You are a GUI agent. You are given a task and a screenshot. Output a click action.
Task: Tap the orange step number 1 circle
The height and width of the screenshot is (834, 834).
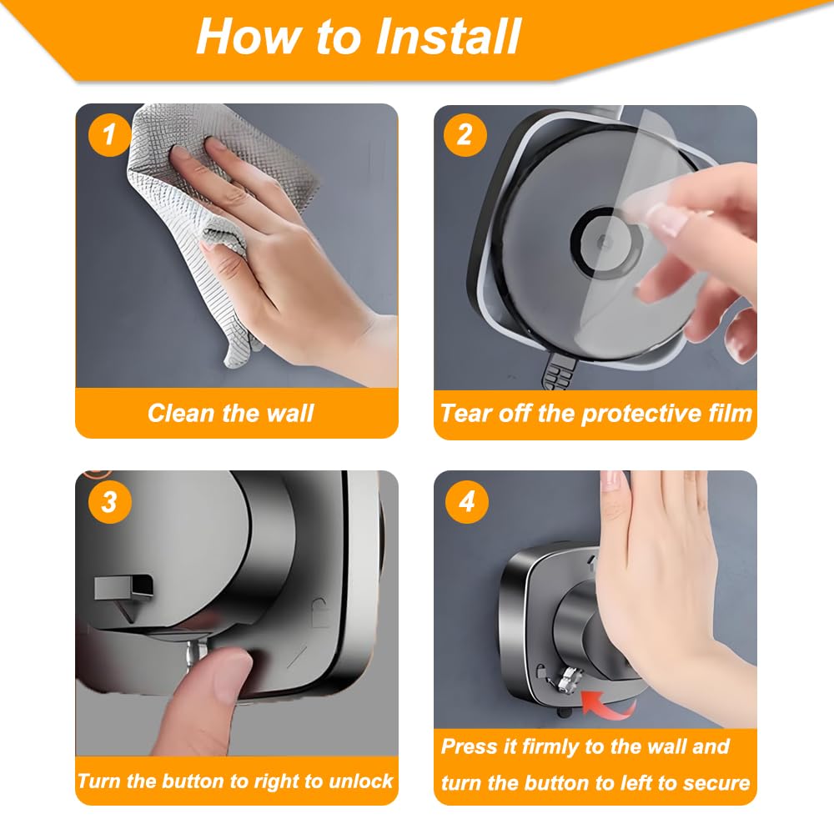108,134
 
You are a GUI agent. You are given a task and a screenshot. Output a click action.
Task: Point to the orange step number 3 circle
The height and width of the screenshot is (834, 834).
108,502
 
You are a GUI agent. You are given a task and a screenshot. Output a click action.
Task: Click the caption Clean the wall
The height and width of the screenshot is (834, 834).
230,413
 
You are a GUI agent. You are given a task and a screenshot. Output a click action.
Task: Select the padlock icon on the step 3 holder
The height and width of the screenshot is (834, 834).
321,606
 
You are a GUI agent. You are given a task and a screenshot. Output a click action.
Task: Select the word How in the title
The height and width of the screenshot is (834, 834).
245,37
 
